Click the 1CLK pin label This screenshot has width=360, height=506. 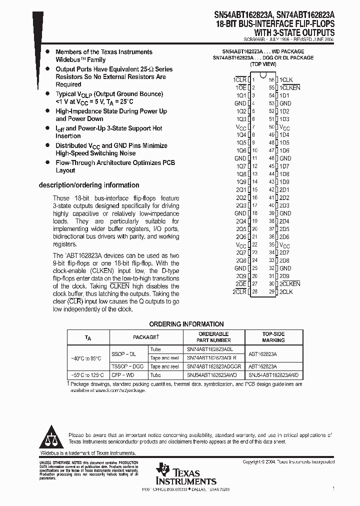[286, 80]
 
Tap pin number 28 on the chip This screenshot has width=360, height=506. [254, 291]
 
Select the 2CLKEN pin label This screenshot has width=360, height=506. [290, 283]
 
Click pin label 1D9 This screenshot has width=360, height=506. [284, 181]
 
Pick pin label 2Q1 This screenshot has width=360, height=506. [241, 189]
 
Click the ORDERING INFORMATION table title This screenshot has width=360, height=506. [186, 324]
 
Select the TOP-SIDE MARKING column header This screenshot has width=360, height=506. [273, 337]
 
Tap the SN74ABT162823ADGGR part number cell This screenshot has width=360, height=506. [214, 366]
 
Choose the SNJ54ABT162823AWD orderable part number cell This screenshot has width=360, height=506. [214, 375]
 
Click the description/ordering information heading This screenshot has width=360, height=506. [89, 185]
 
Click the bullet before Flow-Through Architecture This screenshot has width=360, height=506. [47, 163]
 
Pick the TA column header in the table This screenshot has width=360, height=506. [88, 337]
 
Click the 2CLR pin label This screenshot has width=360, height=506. [239, 291]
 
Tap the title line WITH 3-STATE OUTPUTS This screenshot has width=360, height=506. [298, 31]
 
